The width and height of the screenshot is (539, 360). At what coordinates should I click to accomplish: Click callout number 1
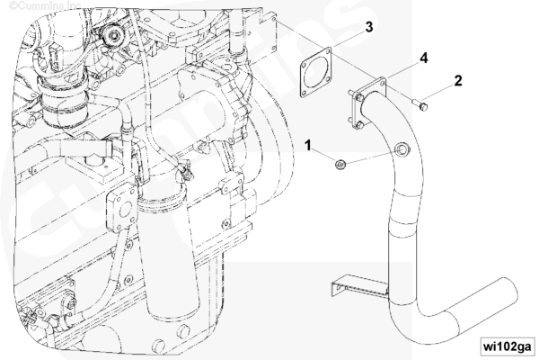308,146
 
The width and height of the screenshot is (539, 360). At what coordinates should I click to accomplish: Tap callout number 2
458,81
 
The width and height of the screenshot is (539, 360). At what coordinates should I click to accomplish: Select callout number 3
369,26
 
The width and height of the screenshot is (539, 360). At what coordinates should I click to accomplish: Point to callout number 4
424,58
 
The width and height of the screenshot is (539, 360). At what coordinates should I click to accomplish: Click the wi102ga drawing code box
507,346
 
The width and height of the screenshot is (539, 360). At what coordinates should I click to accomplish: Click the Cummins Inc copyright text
45,4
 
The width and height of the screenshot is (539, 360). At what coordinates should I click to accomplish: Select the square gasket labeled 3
316,73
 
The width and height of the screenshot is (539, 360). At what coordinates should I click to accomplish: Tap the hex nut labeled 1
340,165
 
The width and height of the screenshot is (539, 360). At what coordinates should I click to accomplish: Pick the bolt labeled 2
420,104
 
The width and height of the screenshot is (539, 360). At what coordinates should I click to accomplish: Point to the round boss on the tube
402,149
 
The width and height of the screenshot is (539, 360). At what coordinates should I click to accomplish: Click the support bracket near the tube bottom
359,286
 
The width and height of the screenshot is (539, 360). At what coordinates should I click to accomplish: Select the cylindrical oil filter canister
172,258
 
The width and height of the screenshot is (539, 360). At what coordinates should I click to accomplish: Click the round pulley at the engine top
113,34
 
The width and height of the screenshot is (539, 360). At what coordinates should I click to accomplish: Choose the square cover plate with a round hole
122,210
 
